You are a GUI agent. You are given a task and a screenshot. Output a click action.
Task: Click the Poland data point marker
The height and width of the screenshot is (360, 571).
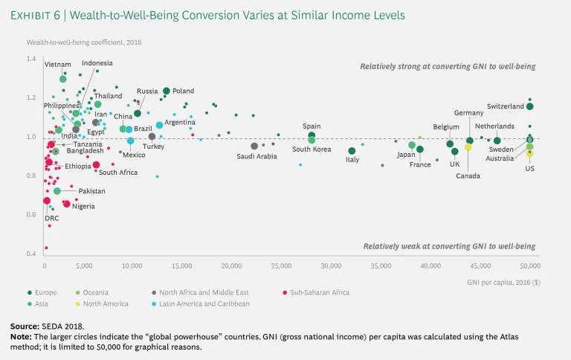(x=167, y=91)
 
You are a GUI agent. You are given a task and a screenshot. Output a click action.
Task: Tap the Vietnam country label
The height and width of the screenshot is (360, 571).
(x=57, y=65)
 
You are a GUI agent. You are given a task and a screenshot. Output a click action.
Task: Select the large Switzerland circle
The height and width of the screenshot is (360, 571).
(x=529, y=106)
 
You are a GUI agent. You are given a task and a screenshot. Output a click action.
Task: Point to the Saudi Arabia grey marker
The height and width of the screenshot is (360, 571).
(x=254, y=147)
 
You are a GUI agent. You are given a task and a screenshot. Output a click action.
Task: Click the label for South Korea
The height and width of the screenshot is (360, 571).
(x=311, y=150)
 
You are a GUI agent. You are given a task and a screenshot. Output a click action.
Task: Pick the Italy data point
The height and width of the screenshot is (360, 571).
(x=352, y=151)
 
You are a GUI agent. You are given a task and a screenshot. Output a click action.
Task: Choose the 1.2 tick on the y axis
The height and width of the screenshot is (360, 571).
(x=30, y=97)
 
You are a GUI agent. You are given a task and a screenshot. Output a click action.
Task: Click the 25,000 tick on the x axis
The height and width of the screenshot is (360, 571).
(x=281, y=266)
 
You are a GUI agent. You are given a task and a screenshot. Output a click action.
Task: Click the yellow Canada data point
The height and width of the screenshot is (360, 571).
(x=468, y=147)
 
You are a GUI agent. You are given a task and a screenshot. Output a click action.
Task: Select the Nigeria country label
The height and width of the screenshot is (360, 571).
(x=83, y=206)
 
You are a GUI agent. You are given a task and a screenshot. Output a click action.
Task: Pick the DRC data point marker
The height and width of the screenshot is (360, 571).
(x=47, y=201)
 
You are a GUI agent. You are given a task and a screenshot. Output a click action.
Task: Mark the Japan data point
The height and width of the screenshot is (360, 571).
(x=412, y=146)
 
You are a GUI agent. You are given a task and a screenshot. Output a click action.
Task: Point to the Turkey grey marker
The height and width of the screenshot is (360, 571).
(x=152, y=137)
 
